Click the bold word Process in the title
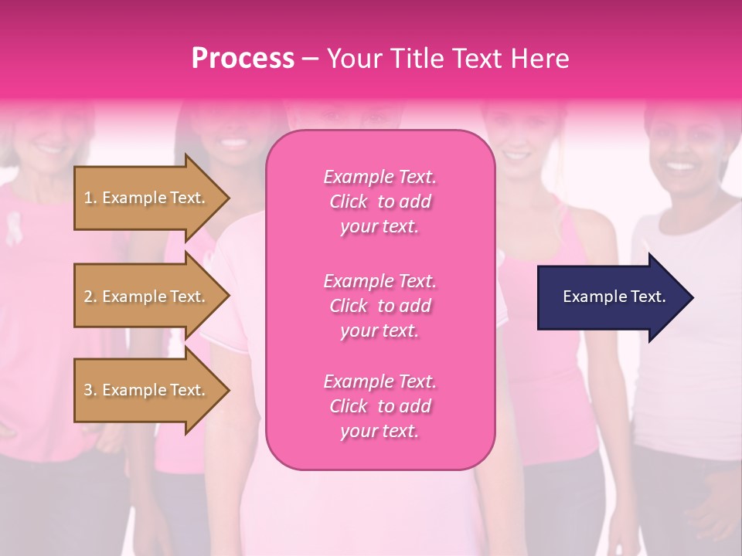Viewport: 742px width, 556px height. tap(243, 59)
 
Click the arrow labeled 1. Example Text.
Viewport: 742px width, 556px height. tap(147, 198)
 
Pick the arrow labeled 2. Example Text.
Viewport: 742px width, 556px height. tap(147, 297)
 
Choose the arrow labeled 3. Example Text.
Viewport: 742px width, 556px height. tap(147, 390)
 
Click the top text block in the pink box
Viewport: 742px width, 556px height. tap(380, 202)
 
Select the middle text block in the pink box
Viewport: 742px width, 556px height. tap(380, 306)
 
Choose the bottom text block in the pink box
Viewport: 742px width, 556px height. tap(380, 406)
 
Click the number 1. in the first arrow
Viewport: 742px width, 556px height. tap(90, 198)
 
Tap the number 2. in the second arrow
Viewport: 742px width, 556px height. tap(90, 297)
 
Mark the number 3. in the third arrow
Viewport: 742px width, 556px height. tap(90, 390)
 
